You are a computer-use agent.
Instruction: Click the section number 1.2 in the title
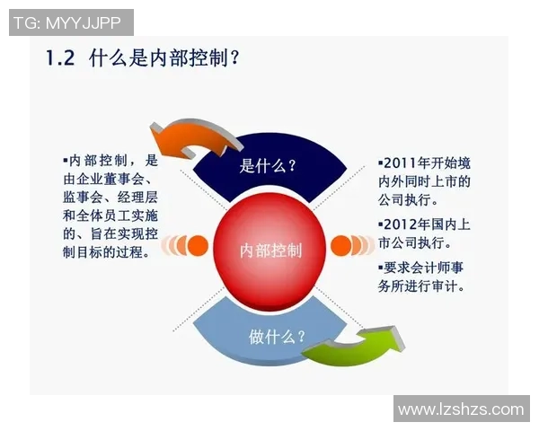pos(61,59)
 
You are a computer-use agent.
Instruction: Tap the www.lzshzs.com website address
pos(460,409)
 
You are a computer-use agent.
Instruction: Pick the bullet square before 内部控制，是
pos(65,159)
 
